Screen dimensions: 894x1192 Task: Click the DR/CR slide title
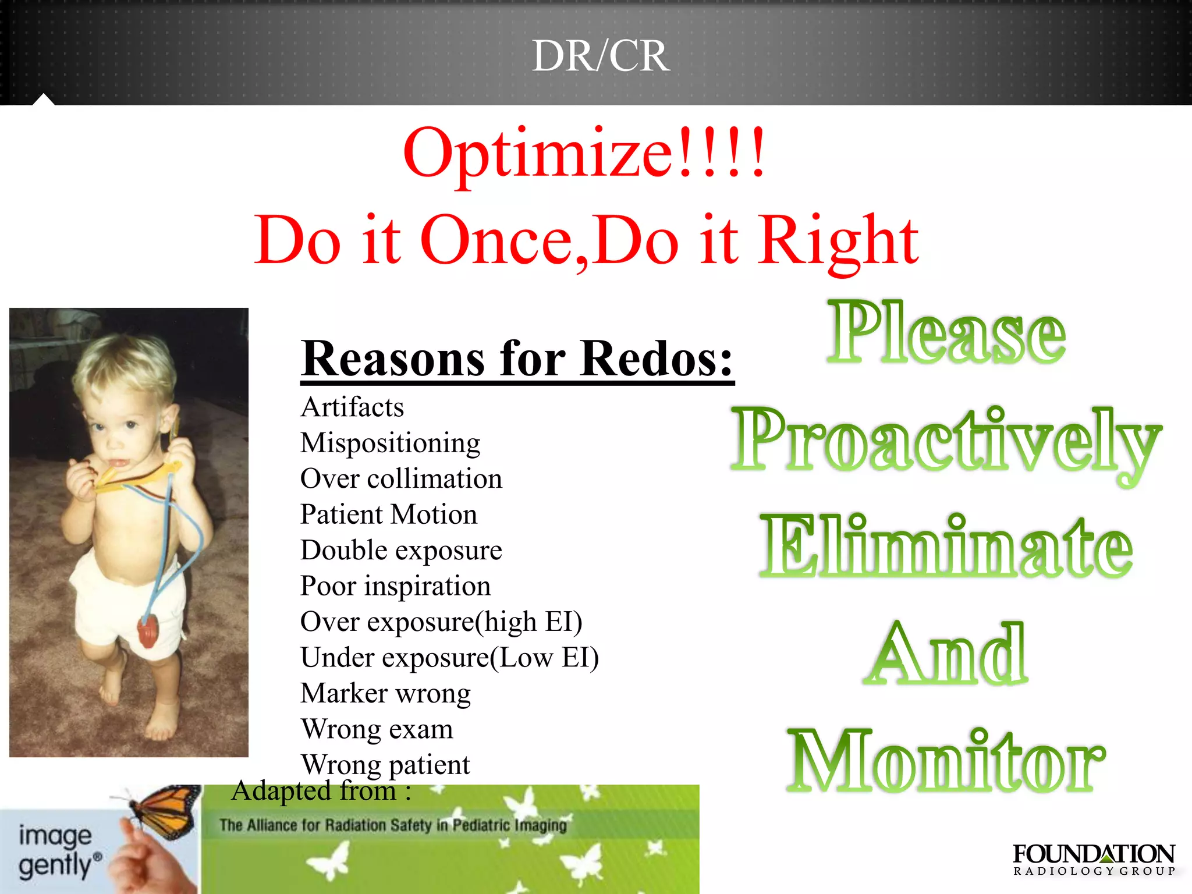click(601, 56)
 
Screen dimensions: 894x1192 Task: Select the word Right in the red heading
click(838, 240)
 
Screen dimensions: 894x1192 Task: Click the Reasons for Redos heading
click(517, 359)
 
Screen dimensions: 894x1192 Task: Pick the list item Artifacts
click(352, 407)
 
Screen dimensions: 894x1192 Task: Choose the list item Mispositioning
click(390, 443)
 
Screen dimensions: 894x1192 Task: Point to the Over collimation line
click(401, 478)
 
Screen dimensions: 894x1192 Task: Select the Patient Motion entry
click(389, 515)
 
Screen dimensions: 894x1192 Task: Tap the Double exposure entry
click(401, 550)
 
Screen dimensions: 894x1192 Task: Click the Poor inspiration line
click(395, 586)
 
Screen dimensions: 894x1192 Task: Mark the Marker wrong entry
click(385, 693)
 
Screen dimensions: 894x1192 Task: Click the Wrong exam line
click(377, 729)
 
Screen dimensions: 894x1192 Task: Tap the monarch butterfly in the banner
click(163, 810)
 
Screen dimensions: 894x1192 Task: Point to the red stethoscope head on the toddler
click(148, 629)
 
